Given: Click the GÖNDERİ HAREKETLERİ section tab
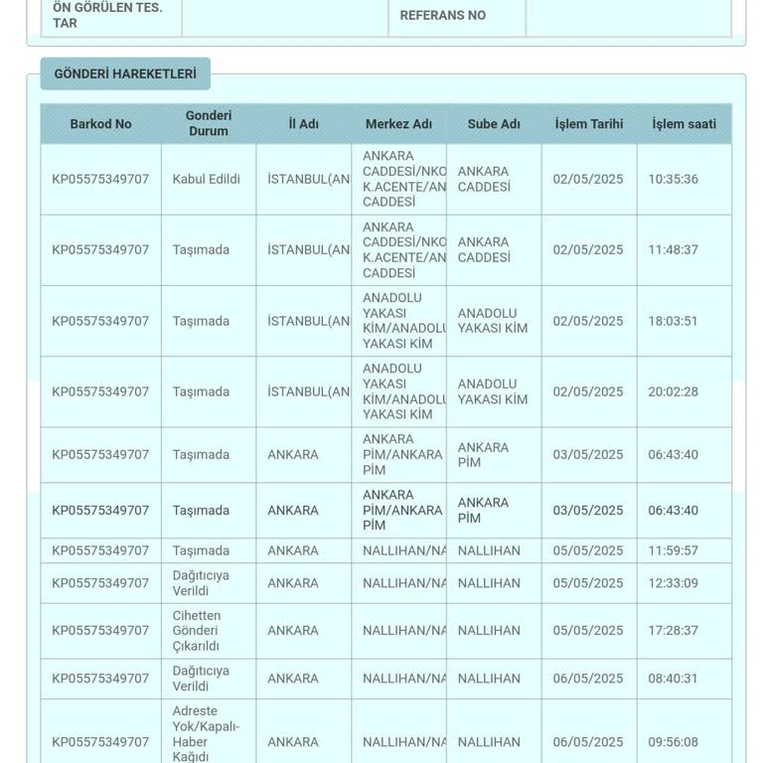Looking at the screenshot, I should click(x=125, y=75).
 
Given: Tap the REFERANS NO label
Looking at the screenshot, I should click(x=442, y=16).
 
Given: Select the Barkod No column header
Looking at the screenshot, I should click(x=100, y=124).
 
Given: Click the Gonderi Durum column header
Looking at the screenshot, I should click(x=209, y=124).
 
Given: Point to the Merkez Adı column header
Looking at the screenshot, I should click(x=398, y=124).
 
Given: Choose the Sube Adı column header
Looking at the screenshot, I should click(x=494, y=124).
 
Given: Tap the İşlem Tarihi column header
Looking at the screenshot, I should click(x=589, y=124).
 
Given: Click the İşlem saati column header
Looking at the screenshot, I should click(x=684, y=124).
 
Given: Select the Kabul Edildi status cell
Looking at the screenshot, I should click(x=207, y=180).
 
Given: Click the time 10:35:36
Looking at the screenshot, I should click(x=673, y=180).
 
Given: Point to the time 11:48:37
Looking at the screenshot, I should click(x=673, y=250).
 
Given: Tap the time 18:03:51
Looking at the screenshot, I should click(x=673, y=321).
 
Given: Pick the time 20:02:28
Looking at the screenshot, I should click(x=673, y=391).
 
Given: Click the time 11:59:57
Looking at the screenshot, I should click(x=673, y=550).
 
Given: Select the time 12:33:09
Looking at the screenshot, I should click(x=673, y=583).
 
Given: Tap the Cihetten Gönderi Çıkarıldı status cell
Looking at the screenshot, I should click(x=197, y=631).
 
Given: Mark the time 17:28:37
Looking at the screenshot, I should click(x=673, y=631).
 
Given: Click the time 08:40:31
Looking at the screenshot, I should click(x=673, y=679).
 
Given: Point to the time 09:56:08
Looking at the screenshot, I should click(x=673, y=742).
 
